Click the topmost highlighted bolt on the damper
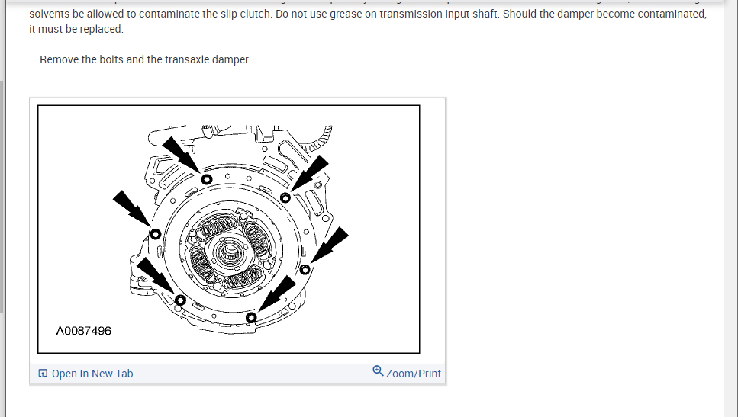(x=206, y=178)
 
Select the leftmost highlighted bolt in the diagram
(x=155, y=233)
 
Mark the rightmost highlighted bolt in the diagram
(x=305, y=269)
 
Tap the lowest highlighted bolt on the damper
(x=251, y=317)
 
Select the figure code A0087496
(x=84, y=331)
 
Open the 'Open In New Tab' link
(x=92, y=374)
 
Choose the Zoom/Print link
(x=414, y=374)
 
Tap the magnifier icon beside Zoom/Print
(x=378, y=371)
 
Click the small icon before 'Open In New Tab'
(x=43, y=374)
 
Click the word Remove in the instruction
(x=59, y=59)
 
